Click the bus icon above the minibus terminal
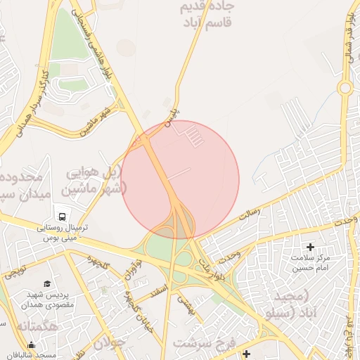(62, 217)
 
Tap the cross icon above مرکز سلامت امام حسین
(310, 247)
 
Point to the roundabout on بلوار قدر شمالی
(345, 88)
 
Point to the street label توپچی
(15, 271)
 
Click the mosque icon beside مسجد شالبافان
(31, 345)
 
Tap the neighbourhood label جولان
(109, 345)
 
